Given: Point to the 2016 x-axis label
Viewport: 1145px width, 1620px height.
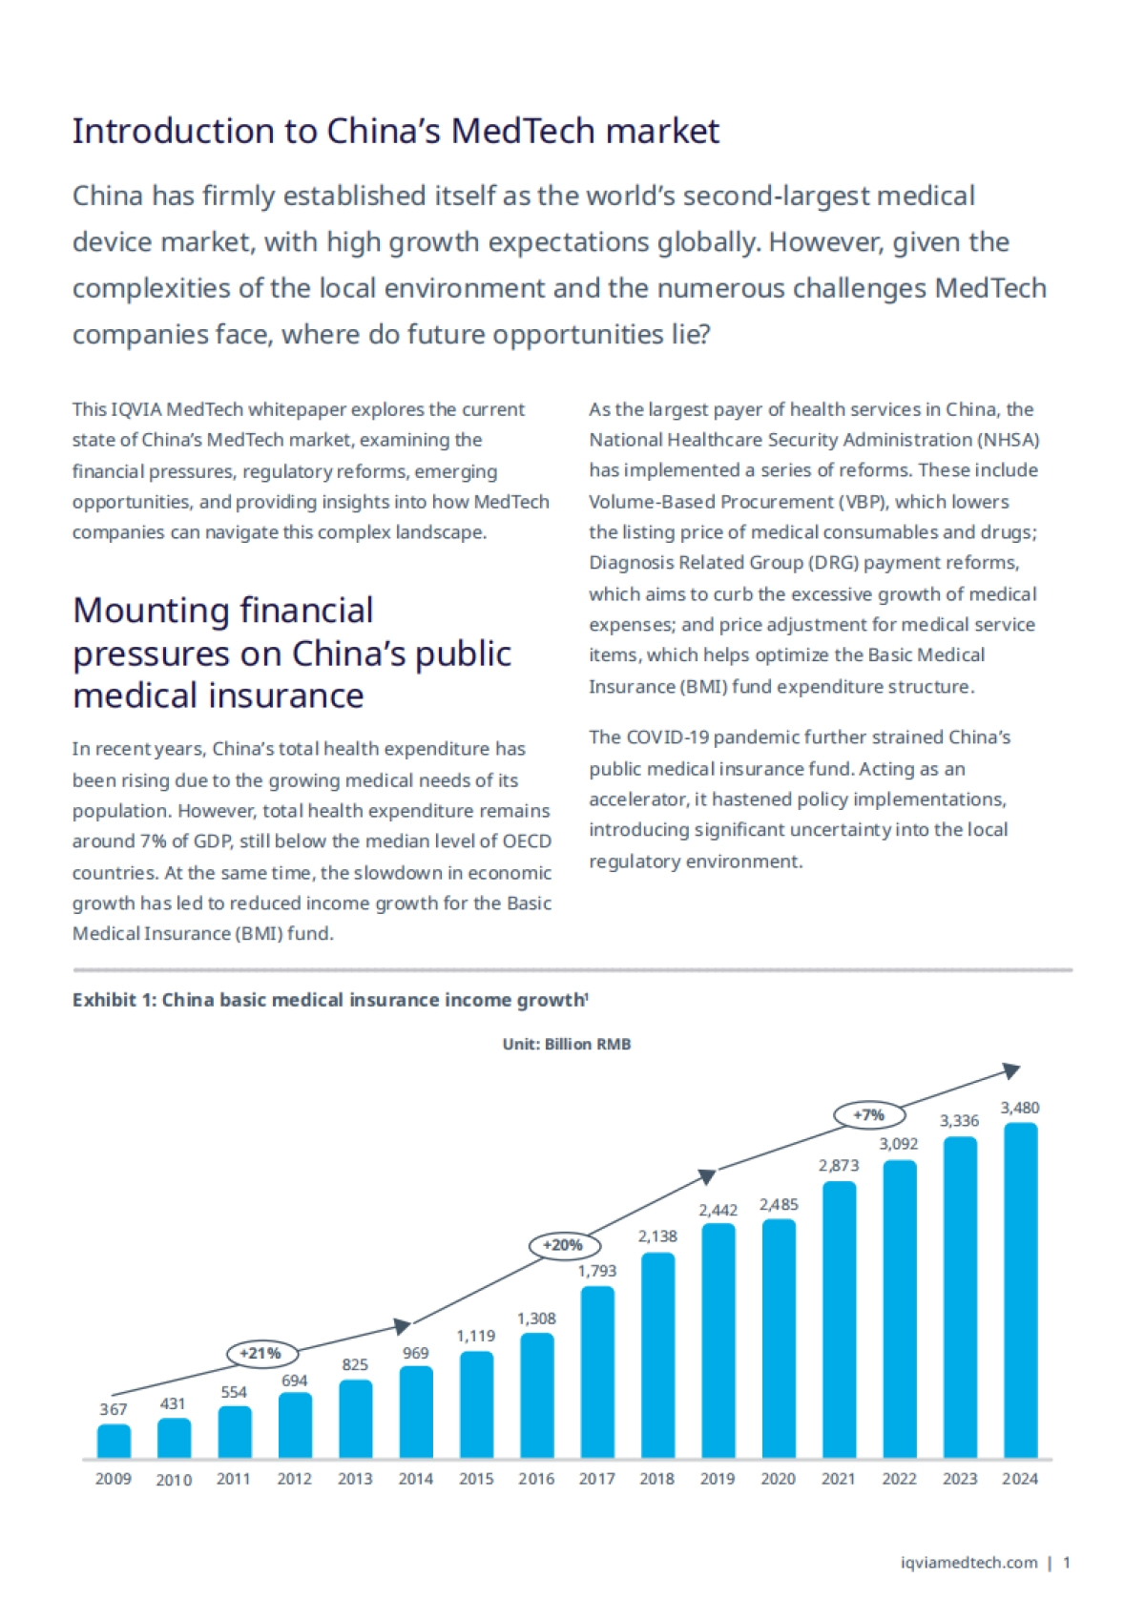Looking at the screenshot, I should click(536, 1479).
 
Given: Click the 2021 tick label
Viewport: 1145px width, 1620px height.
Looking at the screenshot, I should click(839, 1479).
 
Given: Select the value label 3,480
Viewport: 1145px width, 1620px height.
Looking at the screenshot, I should click(1020, 1108).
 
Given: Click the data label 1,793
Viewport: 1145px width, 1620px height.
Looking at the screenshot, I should click(597, 1271).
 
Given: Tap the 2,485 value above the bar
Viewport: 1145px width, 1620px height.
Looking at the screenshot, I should click(779, 1205).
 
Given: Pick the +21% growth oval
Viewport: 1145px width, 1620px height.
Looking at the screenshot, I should click(261, 1353).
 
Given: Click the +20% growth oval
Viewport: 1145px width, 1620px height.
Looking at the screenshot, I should click(563, 1245).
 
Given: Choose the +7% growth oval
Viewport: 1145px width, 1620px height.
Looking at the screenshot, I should click(868, 1114).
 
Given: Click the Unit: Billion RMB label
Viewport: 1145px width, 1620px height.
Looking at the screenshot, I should click(567, 1044).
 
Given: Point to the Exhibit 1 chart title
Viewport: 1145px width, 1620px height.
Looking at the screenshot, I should click(329, 1000).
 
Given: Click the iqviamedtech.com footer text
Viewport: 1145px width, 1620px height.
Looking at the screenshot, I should click(969, 1563).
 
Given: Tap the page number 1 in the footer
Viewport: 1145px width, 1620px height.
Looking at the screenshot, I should click(1067, 1563).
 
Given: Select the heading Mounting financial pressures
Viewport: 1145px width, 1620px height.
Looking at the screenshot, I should click(291, 653).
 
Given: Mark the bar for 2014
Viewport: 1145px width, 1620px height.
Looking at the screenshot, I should click(416, 1412).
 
